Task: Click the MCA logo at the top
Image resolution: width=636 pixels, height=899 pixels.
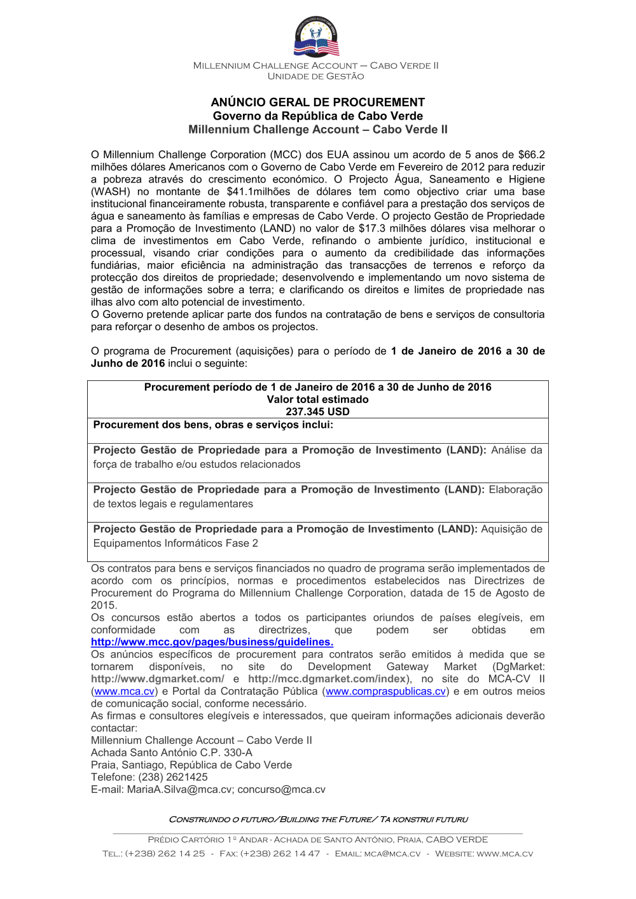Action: (316, 38)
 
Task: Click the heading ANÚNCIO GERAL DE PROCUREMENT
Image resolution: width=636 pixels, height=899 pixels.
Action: (317, 102)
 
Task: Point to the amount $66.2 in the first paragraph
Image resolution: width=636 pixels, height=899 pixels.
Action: (531, 154)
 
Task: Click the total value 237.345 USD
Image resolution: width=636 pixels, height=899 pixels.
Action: (317, 411)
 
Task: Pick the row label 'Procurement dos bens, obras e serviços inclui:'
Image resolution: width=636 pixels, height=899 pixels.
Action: (213, 425)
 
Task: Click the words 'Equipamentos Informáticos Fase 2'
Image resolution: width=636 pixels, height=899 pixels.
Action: (176, 543)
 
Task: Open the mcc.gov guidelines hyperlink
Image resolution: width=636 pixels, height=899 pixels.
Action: (212, 642)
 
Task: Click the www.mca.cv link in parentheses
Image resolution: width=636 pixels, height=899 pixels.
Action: (125, 691)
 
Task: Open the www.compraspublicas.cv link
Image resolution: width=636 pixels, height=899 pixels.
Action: (385, 691)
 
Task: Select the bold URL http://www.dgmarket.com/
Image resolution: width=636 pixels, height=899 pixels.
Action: (157, 679)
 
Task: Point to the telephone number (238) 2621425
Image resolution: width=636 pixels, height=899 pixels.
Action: (173, 777)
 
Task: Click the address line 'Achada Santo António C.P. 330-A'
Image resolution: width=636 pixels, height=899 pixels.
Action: (172, 753)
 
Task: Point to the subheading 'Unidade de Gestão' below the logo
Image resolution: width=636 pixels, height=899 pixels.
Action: (316, 76)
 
